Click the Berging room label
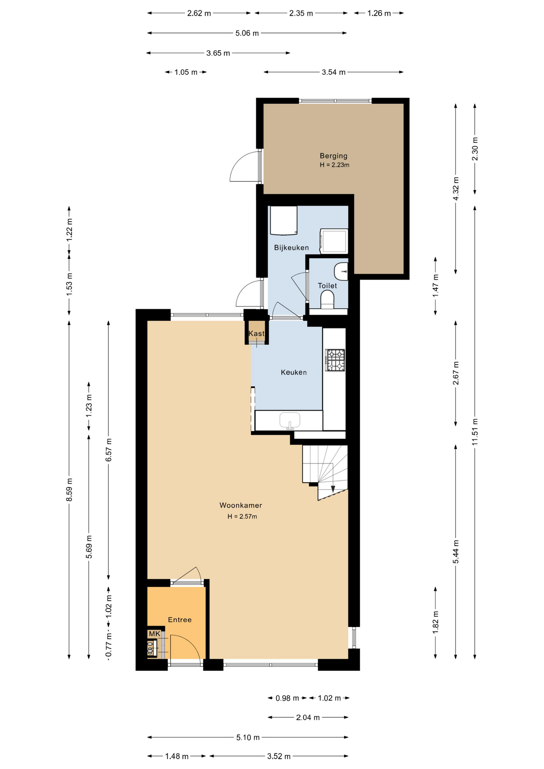tap(333, 156)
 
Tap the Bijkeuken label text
tap(291, 248)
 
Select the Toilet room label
tap(327, 286)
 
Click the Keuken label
tap(294, 372)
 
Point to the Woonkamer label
tap(241, 505)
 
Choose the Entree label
tap(179, 620)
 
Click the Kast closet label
tap(256, 333)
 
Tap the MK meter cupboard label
tap(155, 634)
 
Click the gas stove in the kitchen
tap(335, 360)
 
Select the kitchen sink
tap(290, 421)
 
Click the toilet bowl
tap(327, 300)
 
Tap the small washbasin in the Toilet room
tap(341, 272)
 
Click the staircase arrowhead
tap(333, 489)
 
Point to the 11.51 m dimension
tap(475, 432)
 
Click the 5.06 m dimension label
tap(247, 33)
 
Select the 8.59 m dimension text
tap(69, 489)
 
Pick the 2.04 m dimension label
tap(308, 717)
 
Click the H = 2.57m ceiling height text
tap(242, 516)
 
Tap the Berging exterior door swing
tap(244, 166)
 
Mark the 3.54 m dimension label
tap(334, 72)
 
